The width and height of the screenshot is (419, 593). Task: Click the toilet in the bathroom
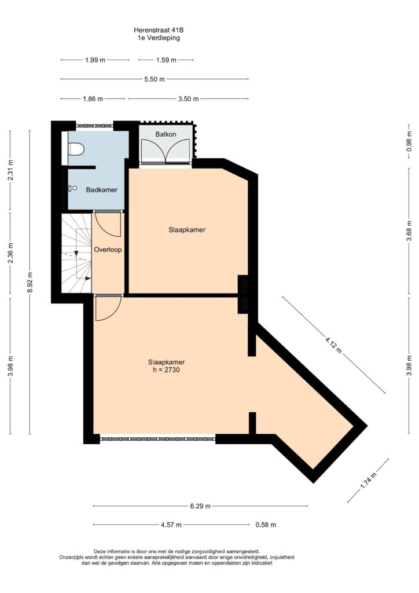(x=76, y=149)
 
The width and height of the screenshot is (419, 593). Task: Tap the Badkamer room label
(x=102, y=190)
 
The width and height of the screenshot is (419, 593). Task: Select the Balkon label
(x=166, y=134)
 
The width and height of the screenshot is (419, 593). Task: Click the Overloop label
(x=108, y=250)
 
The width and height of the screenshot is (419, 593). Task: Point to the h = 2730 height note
(x=166, y=370)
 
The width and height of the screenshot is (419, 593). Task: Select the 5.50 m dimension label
(x=155, y=79)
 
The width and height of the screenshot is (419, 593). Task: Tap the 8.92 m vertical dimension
(x=30, y=282)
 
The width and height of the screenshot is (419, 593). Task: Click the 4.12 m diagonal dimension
(x=333, y=345)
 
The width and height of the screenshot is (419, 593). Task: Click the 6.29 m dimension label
(x=200, y=506)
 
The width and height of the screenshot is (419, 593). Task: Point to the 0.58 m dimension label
(x=266, y=525)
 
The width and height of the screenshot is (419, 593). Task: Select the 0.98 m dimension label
(x=409, y=141)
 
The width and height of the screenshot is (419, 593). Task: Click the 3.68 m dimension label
(x=409, y=230)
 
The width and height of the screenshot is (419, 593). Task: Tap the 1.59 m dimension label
(x=166, y=60)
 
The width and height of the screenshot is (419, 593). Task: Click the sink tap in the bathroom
(x=72, y=188)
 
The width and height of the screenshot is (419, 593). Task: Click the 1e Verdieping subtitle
(x=159, y=38)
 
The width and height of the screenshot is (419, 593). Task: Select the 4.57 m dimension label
(x=171, y=525)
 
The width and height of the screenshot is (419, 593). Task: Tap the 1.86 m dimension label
(x=93, y=99)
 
